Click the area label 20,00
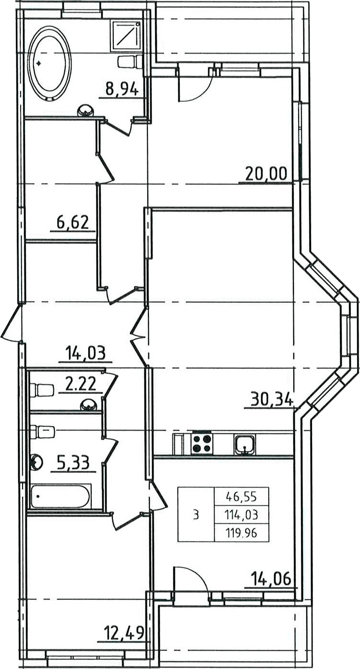tap(266, 174)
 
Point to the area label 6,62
tap(72, 222)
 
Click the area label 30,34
tap(272, 400)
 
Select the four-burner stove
tap(203, 443)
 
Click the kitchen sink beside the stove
tap(245, 444)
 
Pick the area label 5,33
tap(73, 463)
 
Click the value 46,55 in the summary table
tap(242, 497)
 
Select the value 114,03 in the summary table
tap(242, 515)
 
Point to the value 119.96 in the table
tap(242, 533)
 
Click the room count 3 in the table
tap(196, 515)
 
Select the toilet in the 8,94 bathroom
tap(131, 61)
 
